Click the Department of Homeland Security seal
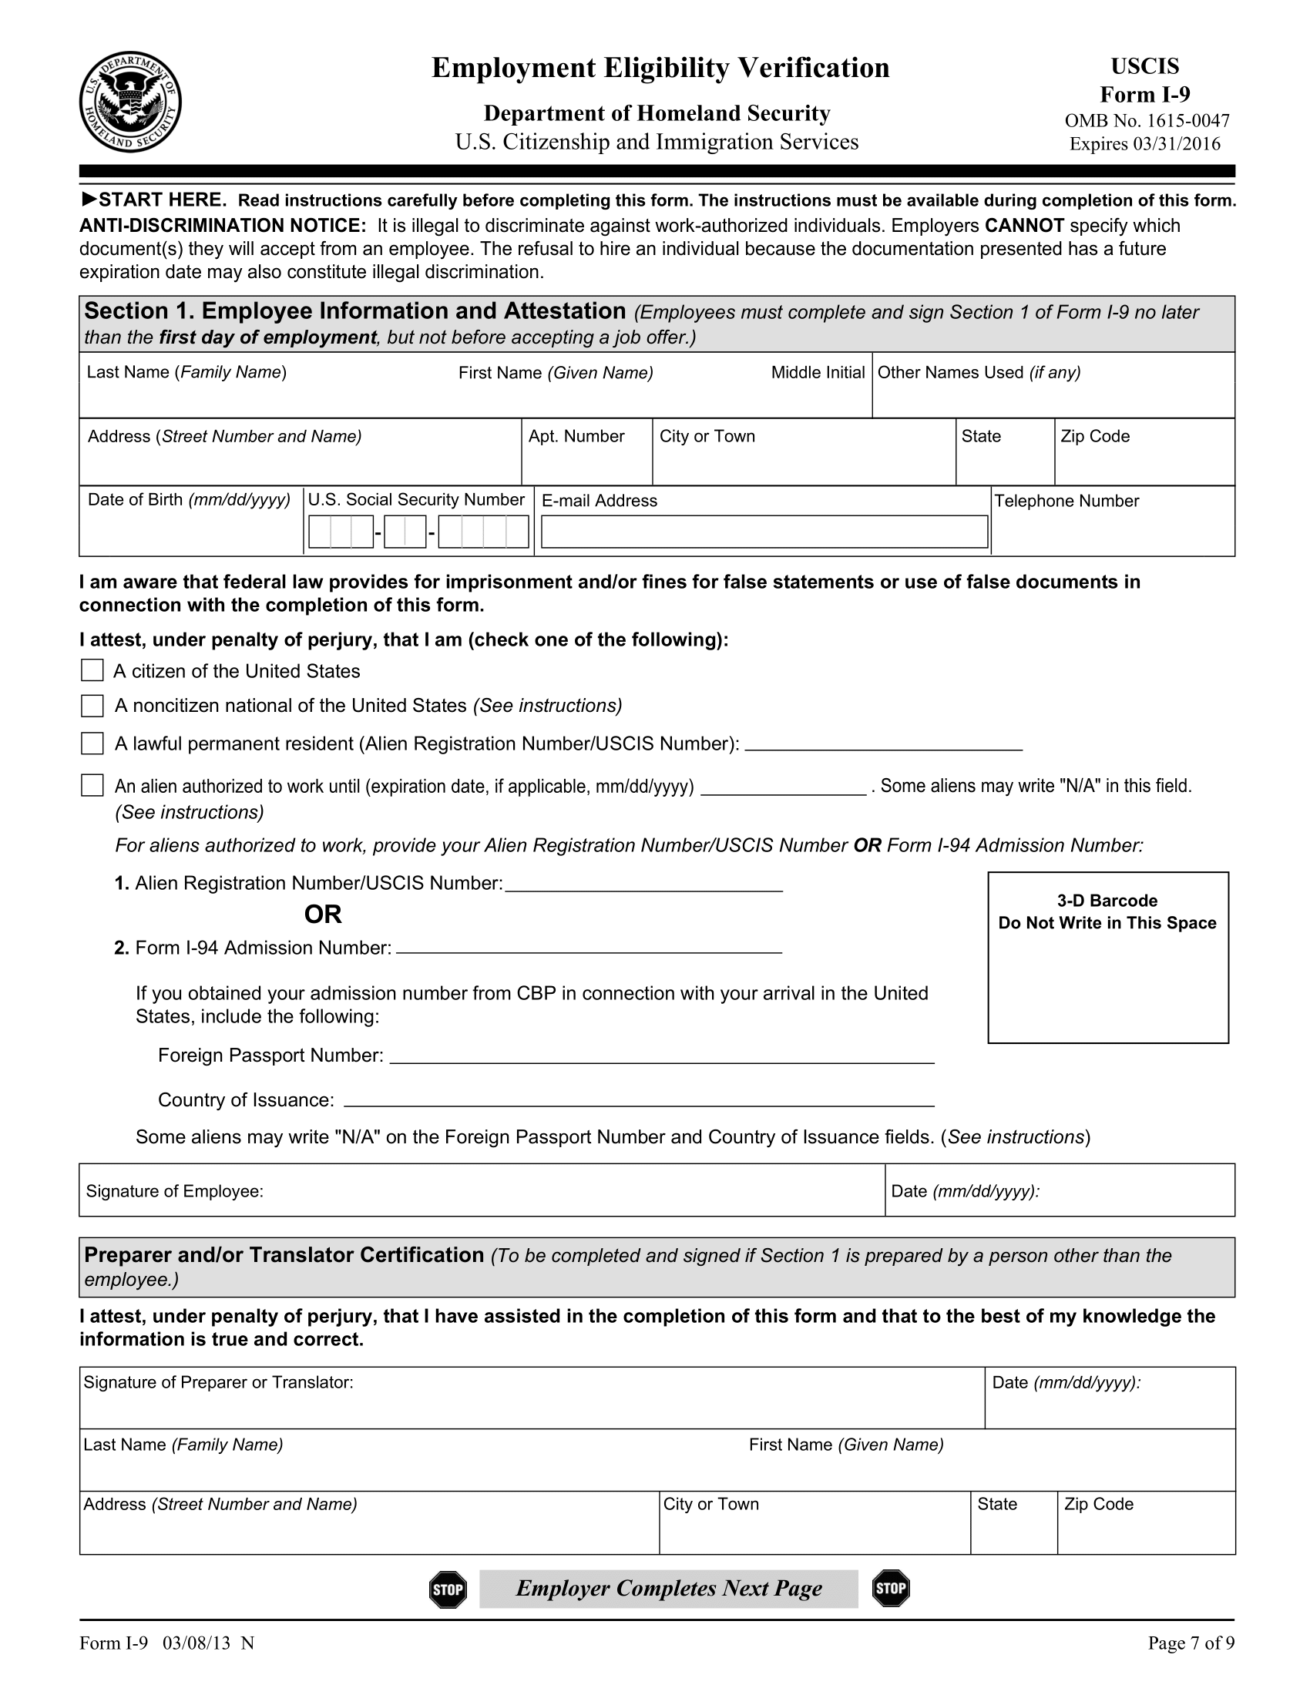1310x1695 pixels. tap(130, 102)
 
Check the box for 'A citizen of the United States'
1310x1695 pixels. tap(92, 670)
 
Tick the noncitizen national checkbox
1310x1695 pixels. tap(92, 706)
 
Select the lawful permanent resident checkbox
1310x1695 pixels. tap(92, 743)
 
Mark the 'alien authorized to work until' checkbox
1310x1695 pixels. tap(92, 785)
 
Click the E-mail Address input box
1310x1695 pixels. tap(764, 532)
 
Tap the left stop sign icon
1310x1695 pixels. tap(448, 1589)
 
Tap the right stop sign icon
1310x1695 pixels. tap(890, 1588)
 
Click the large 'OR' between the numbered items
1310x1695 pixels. tap(323, 915)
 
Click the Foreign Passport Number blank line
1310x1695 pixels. tap(661, 1057)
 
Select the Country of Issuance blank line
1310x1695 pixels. tap(638, 1100)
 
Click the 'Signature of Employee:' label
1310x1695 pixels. tap(175, 1191)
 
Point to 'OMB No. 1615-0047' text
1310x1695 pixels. tap(1147, 121)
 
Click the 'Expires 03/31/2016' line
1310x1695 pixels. tap(1144, 144)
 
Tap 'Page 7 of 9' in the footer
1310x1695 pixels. tap(1191, 1643)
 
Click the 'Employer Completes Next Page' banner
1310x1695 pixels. tap(669, 1589)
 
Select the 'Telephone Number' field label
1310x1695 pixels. tap(1066, 502)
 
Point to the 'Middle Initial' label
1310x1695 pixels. tap(817, 373)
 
